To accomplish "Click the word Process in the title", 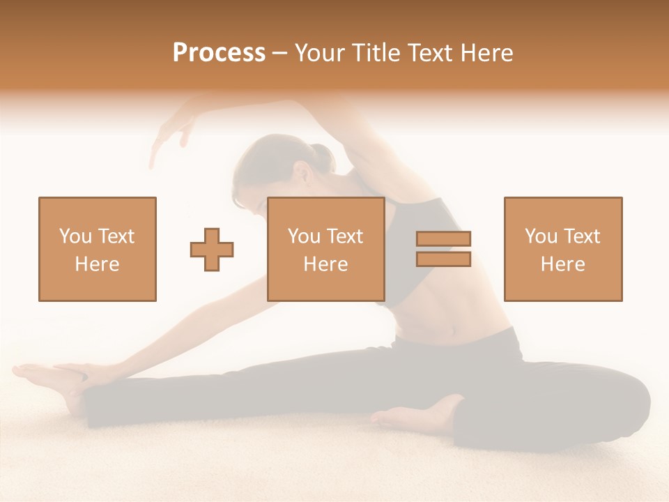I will (x=219, y=53).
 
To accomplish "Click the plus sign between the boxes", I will (x=212, y=250).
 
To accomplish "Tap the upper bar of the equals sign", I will (x=443, y=239).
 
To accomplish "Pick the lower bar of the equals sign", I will (x=443, y=259).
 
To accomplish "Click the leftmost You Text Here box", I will (x=98, y=249).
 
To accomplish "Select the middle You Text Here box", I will (x=325, y=249).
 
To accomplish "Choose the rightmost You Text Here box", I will (x=562, y=249).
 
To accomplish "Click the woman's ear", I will (x=300, y=174).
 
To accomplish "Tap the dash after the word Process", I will (x=279, y=53).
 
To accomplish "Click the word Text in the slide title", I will (x=430, y=53).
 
